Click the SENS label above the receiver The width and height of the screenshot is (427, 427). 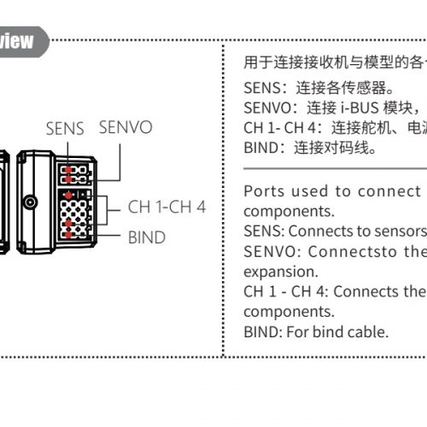65,128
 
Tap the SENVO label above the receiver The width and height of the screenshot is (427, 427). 126,127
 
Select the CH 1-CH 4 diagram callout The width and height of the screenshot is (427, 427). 167,207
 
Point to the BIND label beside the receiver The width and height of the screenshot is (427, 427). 147,237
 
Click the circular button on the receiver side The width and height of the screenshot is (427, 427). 30,202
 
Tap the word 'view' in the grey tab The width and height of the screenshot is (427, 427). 16,41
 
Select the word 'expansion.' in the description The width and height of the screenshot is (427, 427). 281,272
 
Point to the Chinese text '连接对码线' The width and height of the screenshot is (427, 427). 331,148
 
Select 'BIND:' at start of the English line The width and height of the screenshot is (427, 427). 263,332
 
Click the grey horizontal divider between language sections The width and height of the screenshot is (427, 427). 336,169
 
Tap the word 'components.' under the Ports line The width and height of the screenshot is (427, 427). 289,212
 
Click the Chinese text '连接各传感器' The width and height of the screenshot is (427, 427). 341,87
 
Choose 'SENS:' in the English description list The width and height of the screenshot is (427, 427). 264,231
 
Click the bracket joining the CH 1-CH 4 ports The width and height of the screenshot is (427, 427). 107,210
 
